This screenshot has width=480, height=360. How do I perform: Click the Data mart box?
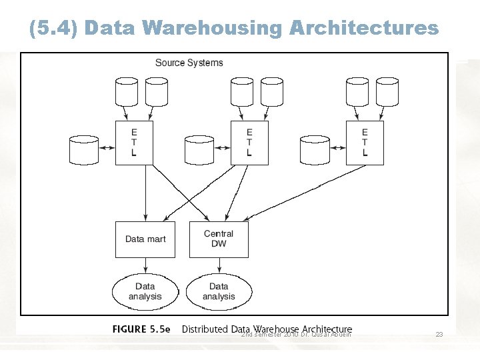coord(145,239)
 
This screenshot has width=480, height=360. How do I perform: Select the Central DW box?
coord(219,239)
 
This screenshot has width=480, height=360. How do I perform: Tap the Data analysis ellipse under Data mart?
coord(145,291)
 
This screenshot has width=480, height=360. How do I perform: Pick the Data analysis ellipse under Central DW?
coord(219,291)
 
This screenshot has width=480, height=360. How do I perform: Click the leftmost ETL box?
coord(134,143)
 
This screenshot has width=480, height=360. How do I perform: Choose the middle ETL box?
coord(249,143)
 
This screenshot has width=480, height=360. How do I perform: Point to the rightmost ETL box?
coord(365,143)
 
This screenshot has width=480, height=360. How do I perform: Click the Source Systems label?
coord(189,63)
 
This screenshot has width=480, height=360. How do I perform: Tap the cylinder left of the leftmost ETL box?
coord(83,150)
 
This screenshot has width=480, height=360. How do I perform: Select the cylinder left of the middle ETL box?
coord(199,150)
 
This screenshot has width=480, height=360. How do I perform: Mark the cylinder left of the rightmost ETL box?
coord(315,150)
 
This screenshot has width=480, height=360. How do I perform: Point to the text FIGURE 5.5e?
coord(141,329)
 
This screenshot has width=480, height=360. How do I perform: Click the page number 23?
coord(439,335)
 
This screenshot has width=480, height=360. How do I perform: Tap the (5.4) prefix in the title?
coord(54,28)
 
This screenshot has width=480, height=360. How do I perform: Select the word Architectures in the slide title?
coord(364,28)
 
